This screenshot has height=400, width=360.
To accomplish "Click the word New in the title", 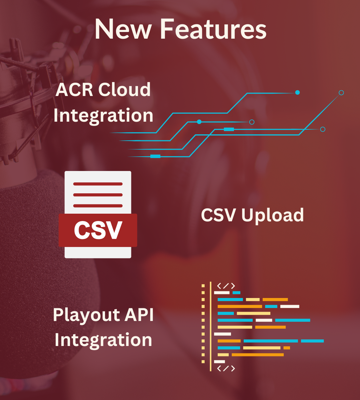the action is [123, 29].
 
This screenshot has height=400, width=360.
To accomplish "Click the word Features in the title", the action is [214, 29].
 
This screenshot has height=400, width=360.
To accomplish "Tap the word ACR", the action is [74, 90].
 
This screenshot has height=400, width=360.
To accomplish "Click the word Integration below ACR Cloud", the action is [103, 116].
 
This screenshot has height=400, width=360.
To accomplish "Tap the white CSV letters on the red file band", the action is [98, 230].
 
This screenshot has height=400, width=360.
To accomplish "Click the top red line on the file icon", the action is [98, 184].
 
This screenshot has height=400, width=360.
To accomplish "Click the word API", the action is [139, 314].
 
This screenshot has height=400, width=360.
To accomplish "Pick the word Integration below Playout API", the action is [103, 340].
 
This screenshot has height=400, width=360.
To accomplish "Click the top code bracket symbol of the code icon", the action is [226, 286].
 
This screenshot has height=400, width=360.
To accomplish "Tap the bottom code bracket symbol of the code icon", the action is [226, 368].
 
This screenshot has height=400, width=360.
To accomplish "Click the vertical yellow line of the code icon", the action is [210, 326].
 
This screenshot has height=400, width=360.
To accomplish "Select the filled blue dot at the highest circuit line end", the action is [297, 93].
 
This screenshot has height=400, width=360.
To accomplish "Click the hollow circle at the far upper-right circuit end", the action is [341, 93].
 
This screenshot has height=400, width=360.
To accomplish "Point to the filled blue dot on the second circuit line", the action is [199, 122].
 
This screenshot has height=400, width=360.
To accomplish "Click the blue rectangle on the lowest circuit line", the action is [155, 156].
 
